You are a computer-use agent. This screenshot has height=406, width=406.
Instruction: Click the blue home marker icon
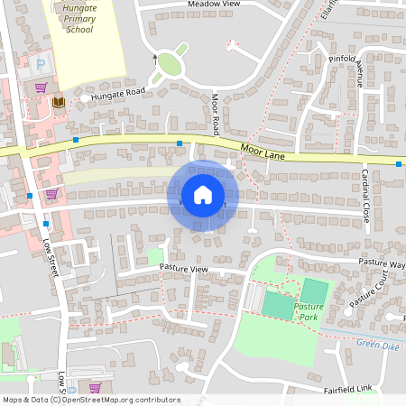pos(202,194)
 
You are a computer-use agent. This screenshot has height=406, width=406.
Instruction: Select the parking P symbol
pos(40,65)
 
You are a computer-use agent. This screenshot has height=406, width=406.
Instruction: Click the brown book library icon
pos(59,103)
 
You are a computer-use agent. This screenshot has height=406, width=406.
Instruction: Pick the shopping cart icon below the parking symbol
pos(42,88)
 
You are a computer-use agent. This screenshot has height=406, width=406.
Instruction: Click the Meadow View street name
pos(214,5)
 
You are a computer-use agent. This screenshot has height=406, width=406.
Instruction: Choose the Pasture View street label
pos(183,269)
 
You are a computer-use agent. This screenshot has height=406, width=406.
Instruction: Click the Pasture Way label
pos(381,263)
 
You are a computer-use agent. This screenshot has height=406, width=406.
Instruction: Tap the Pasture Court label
pos(374,290)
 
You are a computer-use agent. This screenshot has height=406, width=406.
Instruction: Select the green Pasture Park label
pos(309,312)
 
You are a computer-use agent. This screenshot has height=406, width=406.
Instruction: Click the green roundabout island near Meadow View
pos(167,69)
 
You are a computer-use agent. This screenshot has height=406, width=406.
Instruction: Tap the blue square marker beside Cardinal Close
pos(399,164)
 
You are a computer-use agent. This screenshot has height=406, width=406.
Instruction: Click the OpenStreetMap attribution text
pos(91,400)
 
